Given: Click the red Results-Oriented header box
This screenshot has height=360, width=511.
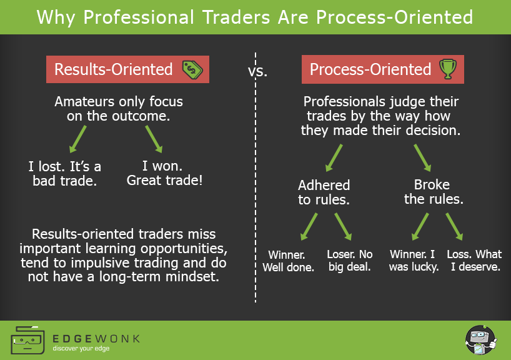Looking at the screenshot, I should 127,69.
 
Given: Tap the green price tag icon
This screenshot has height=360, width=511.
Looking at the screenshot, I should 192,69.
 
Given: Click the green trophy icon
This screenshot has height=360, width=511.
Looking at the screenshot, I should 447,69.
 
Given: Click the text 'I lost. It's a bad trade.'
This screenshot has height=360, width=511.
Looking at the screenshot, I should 64,174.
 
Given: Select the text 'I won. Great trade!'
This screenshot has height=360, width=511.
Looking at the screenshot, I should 164,174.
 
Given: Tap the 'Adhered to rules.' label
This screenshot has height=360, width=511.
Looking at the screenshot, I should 324,192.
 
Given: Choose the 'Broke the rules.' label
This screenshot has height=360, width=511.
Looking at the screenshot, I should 432,192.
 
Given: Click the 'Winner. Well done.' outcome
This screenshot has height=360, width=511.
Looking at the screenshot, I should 290,261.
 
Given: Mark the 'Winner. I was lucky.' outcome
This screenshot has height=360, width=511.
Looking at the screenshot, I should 414,261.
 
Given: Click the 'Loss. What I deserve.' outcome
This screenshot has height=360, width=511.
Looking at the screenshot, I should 474,261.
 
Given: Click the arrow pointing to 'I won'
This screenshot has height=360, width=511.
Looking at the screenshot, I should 154,139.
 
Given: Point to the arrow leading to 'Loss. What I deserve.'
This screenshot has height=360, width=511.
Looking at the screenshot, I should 454,226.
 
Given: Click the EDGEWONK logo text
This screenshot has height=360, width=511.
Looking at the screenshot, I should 96,338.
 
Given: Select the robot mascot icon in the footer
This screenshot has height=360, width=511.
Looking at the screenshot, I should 479,341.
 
